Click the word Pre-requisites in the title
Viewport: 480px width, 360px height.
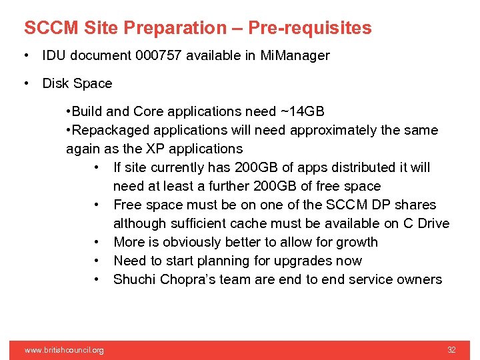point(310,28)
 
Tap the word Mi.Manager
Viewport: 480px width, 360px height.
point(295,56)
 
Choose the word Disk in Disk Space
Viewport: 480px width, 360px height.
point(55,84)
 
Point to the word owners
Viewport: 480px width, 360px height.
point(418,279)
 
